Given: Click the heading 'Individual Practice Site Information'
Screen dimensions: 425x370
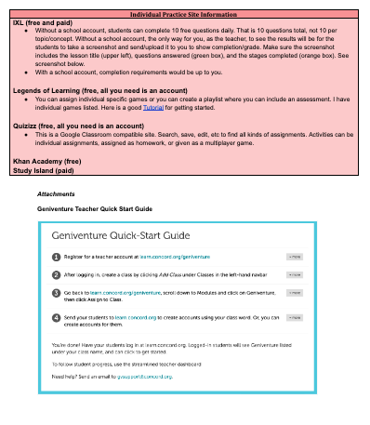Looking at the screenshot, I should [184, 8].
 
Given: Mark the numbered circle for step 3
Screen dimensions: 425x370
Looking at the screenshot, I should [56, 295].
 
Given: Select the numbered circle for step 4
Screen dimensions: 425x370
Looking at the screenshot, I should [56, 318].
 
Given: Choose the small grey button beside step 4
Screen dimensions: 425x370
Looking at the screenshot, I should [293, 318].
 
